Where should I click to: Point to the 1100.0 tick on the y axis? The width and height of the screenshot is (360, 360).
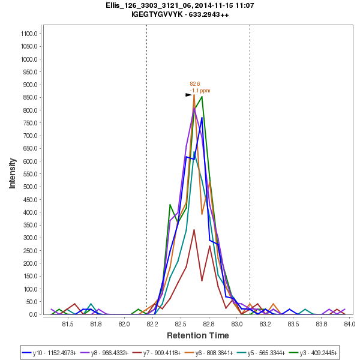[x=29, y=34]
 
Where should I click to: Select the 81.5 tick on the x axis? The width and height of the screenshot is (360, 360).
[x=67, y=325]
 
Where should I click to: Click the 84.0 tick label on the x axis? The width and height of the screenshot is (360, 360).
[x=349, y=325]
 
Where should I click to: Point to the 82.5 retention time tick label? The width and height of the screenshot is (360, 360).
[x=181, y=325]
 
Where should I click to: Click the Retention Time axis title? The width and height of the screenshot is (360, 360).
[x=197, y=335]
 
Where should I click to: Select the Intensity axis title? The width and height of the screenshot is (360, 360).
[x=12, y=173]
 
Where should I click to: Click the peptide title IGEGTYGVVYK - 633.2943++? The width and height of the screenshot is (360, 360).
[x=180, y=14]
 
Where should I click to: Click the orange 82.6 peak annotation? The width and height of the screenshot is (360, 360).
[x=195, y=84]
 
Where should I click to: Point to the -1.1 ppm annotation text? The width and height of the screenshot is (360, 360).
[x=200, y=91]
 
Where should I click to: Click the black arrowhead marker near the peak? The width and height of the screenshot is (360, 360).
[x=188, y=95]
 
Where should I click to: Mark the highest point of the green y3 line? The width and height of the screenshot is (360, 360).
[x=202, y=97]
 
